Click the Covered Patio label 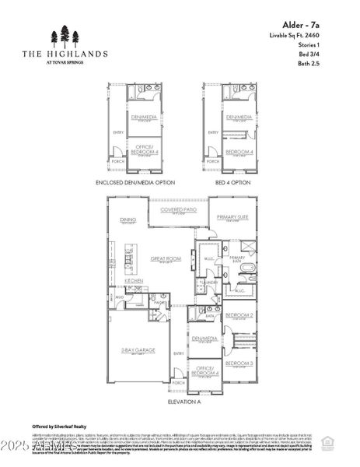178,210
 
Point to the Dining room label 128,219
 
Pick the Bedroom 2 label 239,315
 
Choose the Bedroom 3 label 239,363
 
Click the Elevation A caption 183,402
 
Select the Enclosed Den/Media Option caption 135,182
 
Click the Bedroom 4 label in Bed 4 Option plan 239,152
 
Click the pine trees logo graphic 65,36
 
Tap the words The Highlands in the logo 65,54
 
